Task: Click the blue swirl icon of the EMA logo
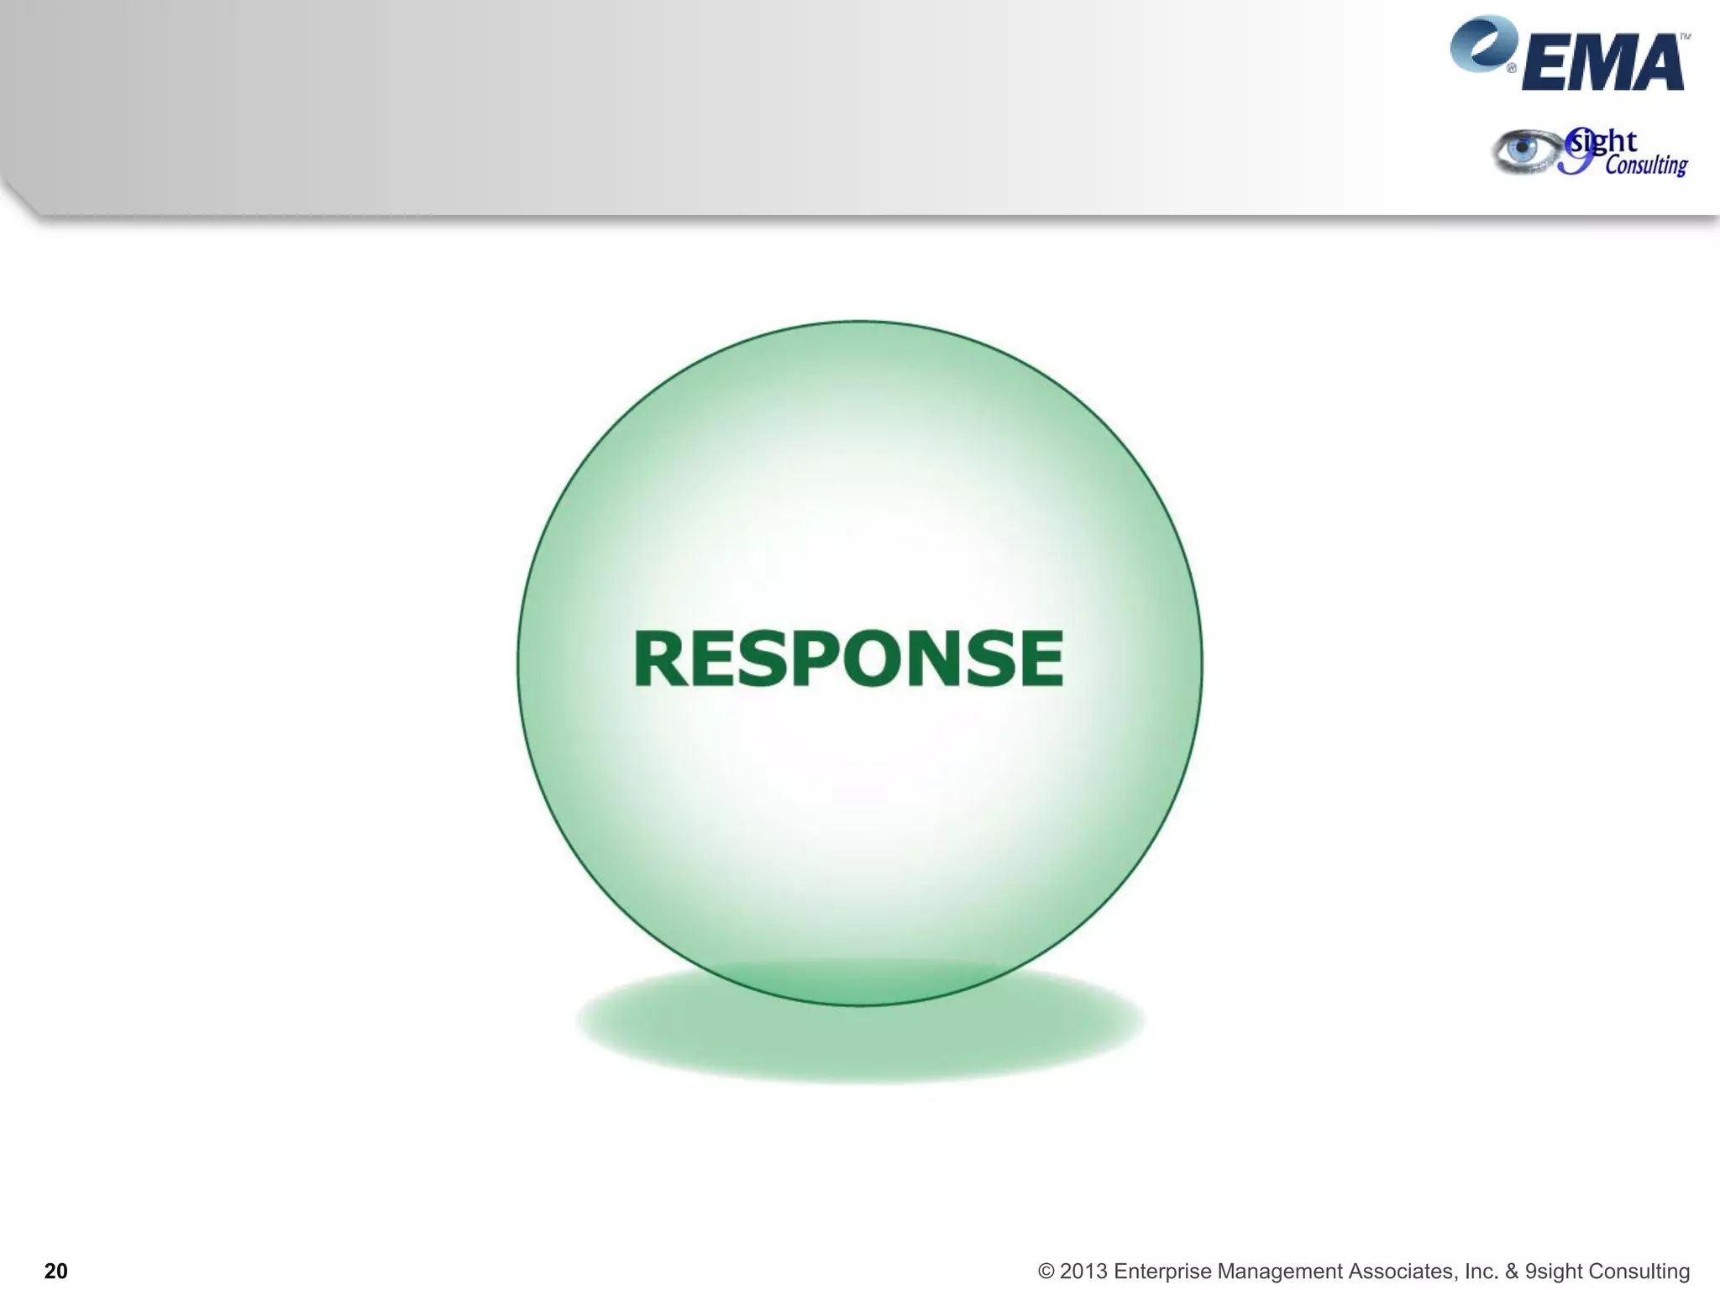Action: (x=1483, y=44)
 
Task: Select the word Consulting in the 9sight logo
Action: (x=1646, y=165)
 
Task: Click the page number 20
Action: (x=55, y=1271)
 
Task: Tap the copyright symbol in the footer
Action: (x=1046, y=1272)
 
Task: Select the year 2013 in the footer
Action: (x=1083, y=1272)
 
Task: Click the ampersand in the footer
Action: (x=1512, y=1272)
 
